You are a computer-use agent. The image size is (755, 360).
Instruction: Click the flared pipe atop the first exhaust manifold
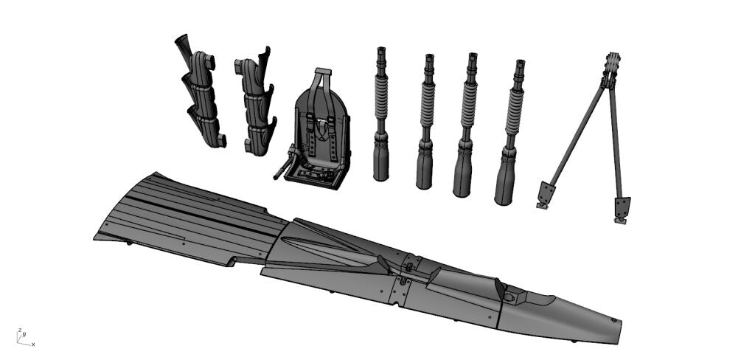pos(183,45)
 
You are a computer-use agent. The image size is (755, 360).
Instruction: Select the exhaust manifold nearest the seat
pos(256,102)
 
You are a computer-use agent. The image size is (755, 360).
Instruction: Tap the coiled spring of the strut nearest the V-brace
pos(515,111)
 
